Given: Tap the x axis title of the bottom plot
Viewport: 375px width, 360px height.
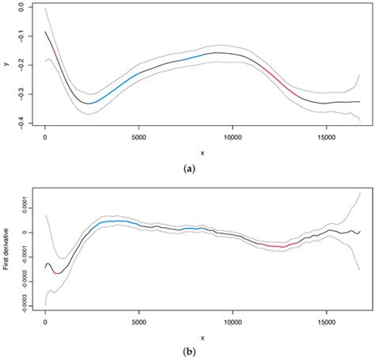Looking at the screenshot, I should pyautogui.click(x=203, y=336).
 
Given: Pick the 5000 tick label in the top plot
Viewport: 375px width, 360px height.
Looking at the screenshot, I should pyautogui.click(x=139, y=135).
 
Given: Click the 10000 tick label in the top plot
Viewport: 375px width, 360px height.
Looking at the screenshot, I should pyautogui.click(x=233, y=135).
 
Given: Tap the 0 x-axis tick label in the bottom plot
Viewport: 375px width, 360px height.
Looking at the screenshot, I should pyautogui.click(x=45, y=322).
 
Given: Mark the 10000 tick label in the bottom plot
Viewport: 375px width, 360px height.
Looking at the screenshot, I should pyautogui.click(x=233, y=322).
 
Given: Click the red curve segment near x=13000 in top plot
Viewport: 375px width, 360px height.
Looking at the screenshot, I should pyautogui.click(x=286, y=86).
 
